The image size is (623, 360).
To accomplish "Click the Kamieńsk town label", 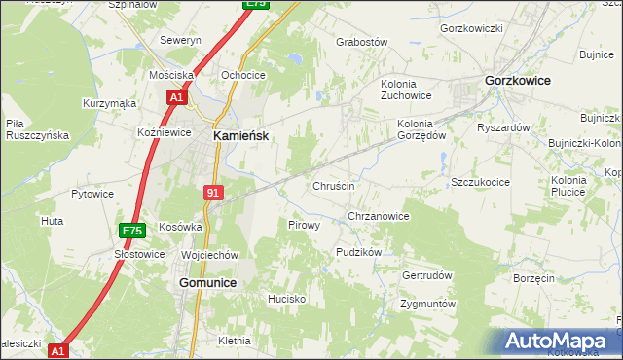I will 241,137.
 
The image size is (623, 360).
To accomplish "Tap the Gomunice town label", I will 208,282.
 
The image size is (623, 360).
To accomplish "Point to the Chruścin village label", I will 333,186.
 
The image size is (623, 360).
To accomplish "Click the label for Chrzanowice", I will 378,216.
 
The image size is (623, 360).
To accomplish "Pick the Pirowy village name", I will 305,225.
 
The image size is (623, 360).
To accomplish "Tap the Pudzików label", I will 357,251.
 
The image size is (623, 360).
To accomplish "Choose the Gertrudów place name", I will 427,275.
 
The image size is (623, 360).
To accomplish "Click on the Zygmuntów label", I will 428,304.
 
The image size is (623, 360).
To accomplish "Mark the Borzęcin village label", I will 532,278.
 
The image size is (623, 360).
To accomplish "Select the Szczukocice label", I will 481,182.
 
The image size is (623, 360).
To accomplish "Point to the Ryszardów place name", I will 502,127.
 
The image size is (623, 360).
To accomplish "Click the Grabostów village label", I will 361,43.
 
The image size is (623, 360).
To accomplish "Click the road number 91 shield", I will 213,193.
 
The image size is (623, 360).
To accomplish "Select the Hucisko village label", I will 287,299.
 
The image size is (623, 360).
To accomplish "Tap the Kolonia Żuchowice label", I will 405,90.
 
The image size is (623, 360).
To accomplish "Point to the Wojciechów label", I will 209,255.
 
